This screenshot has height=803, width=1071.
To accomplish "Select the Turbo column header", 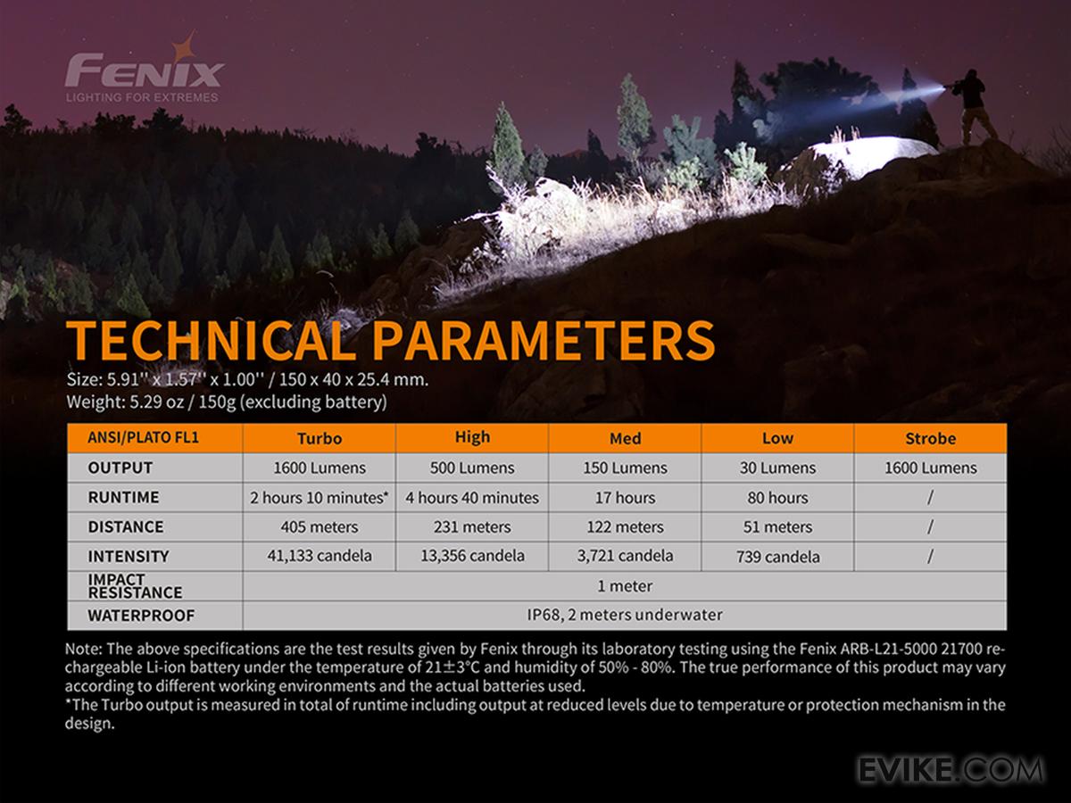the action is pos(320,438).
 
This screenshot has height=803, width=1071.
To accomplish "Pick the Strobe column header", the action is pos(931,438).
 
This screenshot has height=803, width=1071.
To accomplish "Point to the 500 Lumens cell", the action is pos(472,468).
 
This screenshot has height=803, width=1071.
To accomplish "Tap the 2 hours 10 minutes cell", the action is pos(320,498).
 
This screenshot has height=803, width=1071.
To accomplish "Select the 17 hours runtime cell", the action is pos(625,498).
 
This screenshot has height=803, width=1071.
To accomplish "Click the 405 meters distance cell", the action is pos(320,527).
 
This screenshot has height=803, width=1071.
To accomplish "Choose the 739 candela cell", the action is pos(777,557).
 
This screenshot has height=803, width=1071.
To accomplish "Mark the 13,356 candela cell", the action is pos(472,556).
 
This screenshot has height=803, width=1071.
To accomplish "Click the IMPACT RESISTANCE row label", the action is pos(135,586).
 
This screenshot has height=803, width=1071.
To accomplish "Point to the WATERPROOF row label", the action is pos(141,616).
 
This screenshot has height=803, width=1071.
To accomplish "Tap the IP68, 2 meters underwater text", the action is pos(625,616).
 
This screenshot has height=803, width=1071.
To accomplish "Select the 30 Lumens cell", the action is pos(777,468).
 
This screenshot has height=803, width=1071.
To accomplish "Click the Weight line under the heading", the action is pos(227,402).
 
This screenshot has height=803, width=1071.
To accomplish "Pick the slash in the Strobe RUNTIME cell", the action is pos(931,498).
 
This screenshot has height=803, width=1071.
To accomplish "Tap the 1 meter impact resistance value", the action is pos(625,586).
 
